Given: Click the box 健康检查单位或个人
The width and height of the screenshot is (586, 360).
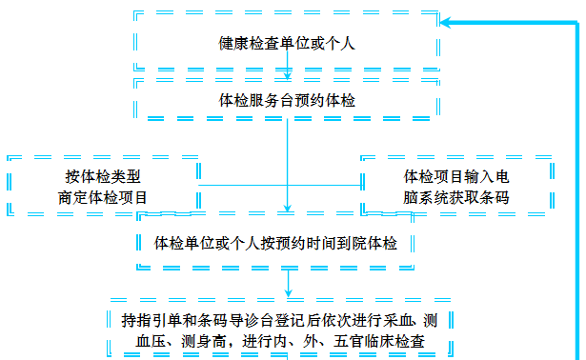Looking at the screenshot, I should tap(287, 43).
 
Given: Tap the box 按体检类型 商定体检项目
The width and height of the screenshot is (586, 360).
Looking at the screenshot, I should tap(104, 186).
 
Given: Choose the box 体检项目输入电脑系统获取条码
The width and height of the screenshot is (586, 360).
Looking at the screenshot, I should tap(456, 186).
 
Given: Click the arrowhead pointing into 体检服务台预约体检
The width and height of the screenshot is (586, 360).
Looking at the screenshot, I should tap(288, 75).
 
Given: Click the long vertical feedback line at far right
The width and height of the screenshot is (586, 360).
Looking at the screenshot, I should tap(577, 190).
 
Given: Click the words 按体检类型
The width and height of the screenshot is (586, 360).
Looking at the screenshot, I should tap(105, 177).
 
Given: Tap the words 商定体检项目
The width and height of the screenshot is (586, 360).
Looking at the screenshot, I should tap(105, 197).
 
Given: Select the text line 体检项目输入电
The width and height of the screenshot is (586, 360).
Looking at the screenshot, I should tap(456, 176).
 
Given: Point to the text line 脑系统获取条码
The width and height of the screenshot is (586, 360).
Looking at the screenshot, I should tap(456, 197).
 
